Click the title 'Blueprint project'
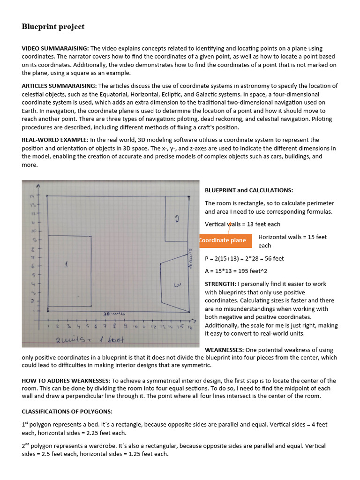click(53, 27)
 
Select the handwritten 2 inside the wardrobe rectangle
click(177, 218)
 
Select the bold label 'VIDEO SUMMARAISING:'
click(55, 49)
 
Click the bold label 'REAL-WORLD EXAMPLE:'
click(55, 140)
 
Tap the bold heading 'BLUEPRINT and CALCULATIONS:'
click(249, 190)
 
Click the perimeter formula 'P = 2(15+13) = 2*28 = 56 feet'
click(244, 258)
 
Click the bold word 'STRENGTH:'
click(220, 284)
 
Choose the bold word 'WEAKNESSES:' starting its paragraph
click(223, 350)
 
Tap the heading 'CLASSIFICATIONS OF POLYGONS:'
click(67, 412)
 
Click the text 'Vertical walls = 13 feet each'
click(242, 224)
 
